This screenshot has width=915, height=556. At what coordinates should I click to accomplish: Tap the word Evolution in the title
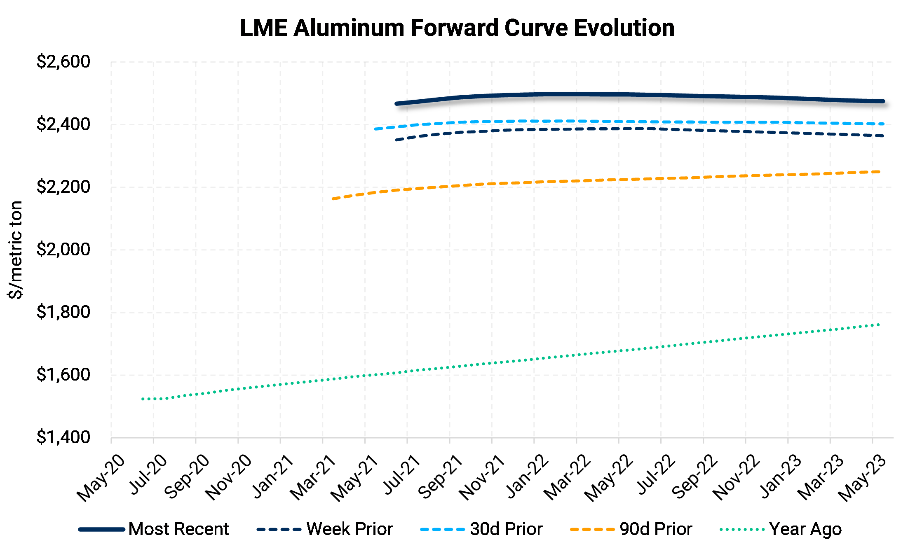pos(624,28)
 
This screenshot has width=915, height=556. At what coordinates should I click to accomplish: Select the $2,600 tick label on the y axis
pos(63,62)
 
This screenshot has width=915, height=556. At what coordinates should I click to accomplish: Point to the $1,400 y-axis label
pos(63,437)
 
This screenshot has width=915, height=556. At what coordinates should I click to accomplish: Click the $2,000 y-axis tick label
pos(63,250)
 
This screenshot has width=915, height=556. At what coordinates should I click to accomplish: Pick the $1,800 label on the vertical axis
pos(63,312)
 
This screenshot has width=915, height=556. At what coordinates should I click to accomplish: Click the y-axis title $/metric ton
pos(16,250)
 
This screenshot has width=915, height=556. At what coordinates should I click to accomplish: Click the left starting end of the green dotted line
pos(143,399)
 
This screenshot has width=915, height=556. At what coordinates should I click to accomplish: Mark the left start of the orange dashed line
pos(333,199)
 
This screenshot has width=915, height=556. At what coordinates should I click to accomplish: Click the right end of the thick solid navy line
pos(883,101)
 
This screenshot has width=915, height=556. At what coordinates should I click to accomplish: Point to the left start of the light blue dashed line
pos(375,129)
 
